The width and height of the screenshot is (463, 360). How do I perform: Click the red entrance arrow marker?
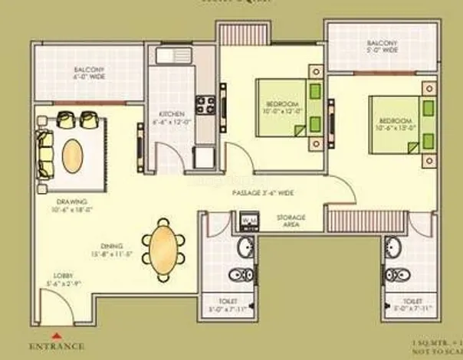[55, 335]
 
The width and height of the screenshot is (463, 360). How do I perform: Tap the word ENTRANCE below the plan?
[55, 346]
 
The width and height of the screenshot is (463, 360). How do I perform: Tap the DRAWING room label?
[71, 205]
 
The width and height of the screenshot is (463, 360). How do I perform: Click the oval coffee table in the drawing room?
[72, 155]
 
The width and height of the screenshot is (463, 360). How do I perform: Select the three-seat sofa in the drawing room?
[45, 153]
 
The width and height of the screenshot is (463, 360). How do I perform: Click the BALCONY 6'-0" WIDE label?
[89, 74]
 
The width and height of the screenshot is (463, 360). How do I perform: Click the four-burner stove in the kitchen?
[205, 104]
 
